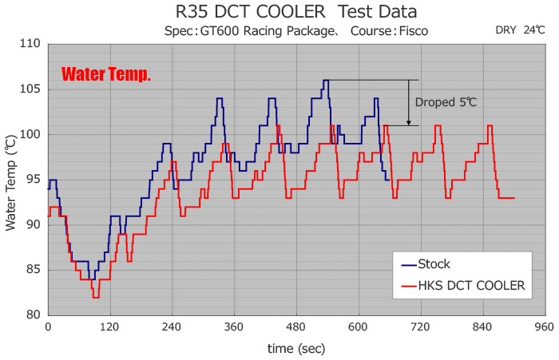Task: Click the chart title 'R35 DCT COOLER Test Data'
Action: point(295,12)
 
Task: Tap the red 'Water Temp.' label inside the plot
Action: point(106,75)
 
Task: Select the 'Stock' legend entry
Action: point(434,264)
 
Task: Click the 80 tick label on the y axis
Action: point(34,315)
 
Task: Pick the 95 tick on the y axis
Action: point(34,179)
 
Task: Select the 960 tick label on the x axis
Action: point(545,328)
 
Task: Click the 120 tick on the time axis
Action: point(109,328)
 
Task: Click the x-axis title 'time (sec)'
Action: point(296,348)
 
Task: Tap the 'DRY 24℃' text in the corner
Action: point(520,30)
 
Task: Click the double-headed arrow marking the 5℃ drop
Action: point(409,102)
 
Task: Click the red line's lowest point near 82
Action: point(96,297)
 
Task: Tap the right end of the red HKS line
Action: point(513,197)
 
